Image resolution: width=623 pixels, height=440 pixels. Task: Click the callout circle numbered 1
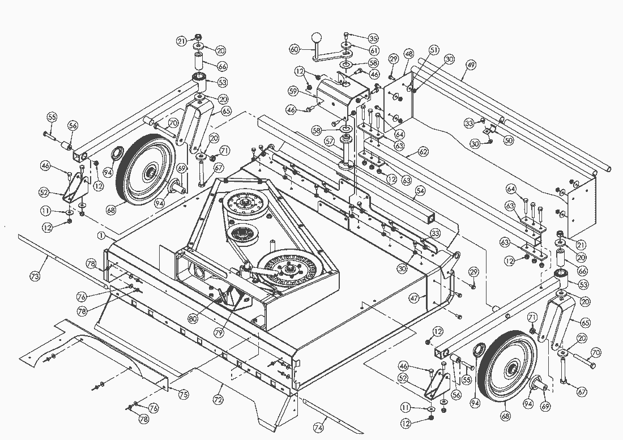tap(101, 234)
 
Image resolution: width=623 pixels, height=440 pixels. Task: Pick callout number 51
tap(434, 50)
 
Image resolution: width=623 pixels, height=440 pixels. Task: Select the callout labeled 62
tap(423, 152)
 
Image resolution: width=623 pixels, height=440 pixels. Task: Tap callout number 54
tap(420, 190)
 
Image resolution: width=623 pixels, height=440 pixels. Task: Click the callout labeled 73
tap(35, 276)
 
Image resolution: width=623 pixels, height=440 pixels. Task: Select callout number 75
tap(184, 394)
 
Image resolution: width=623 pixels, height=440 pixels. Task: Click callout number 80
tap(194, 318)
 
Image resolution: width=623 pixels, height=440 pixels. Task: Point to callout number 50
tap(508, 140)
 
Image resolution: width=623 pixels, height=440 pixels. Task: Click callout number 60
tap(294, 49)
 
